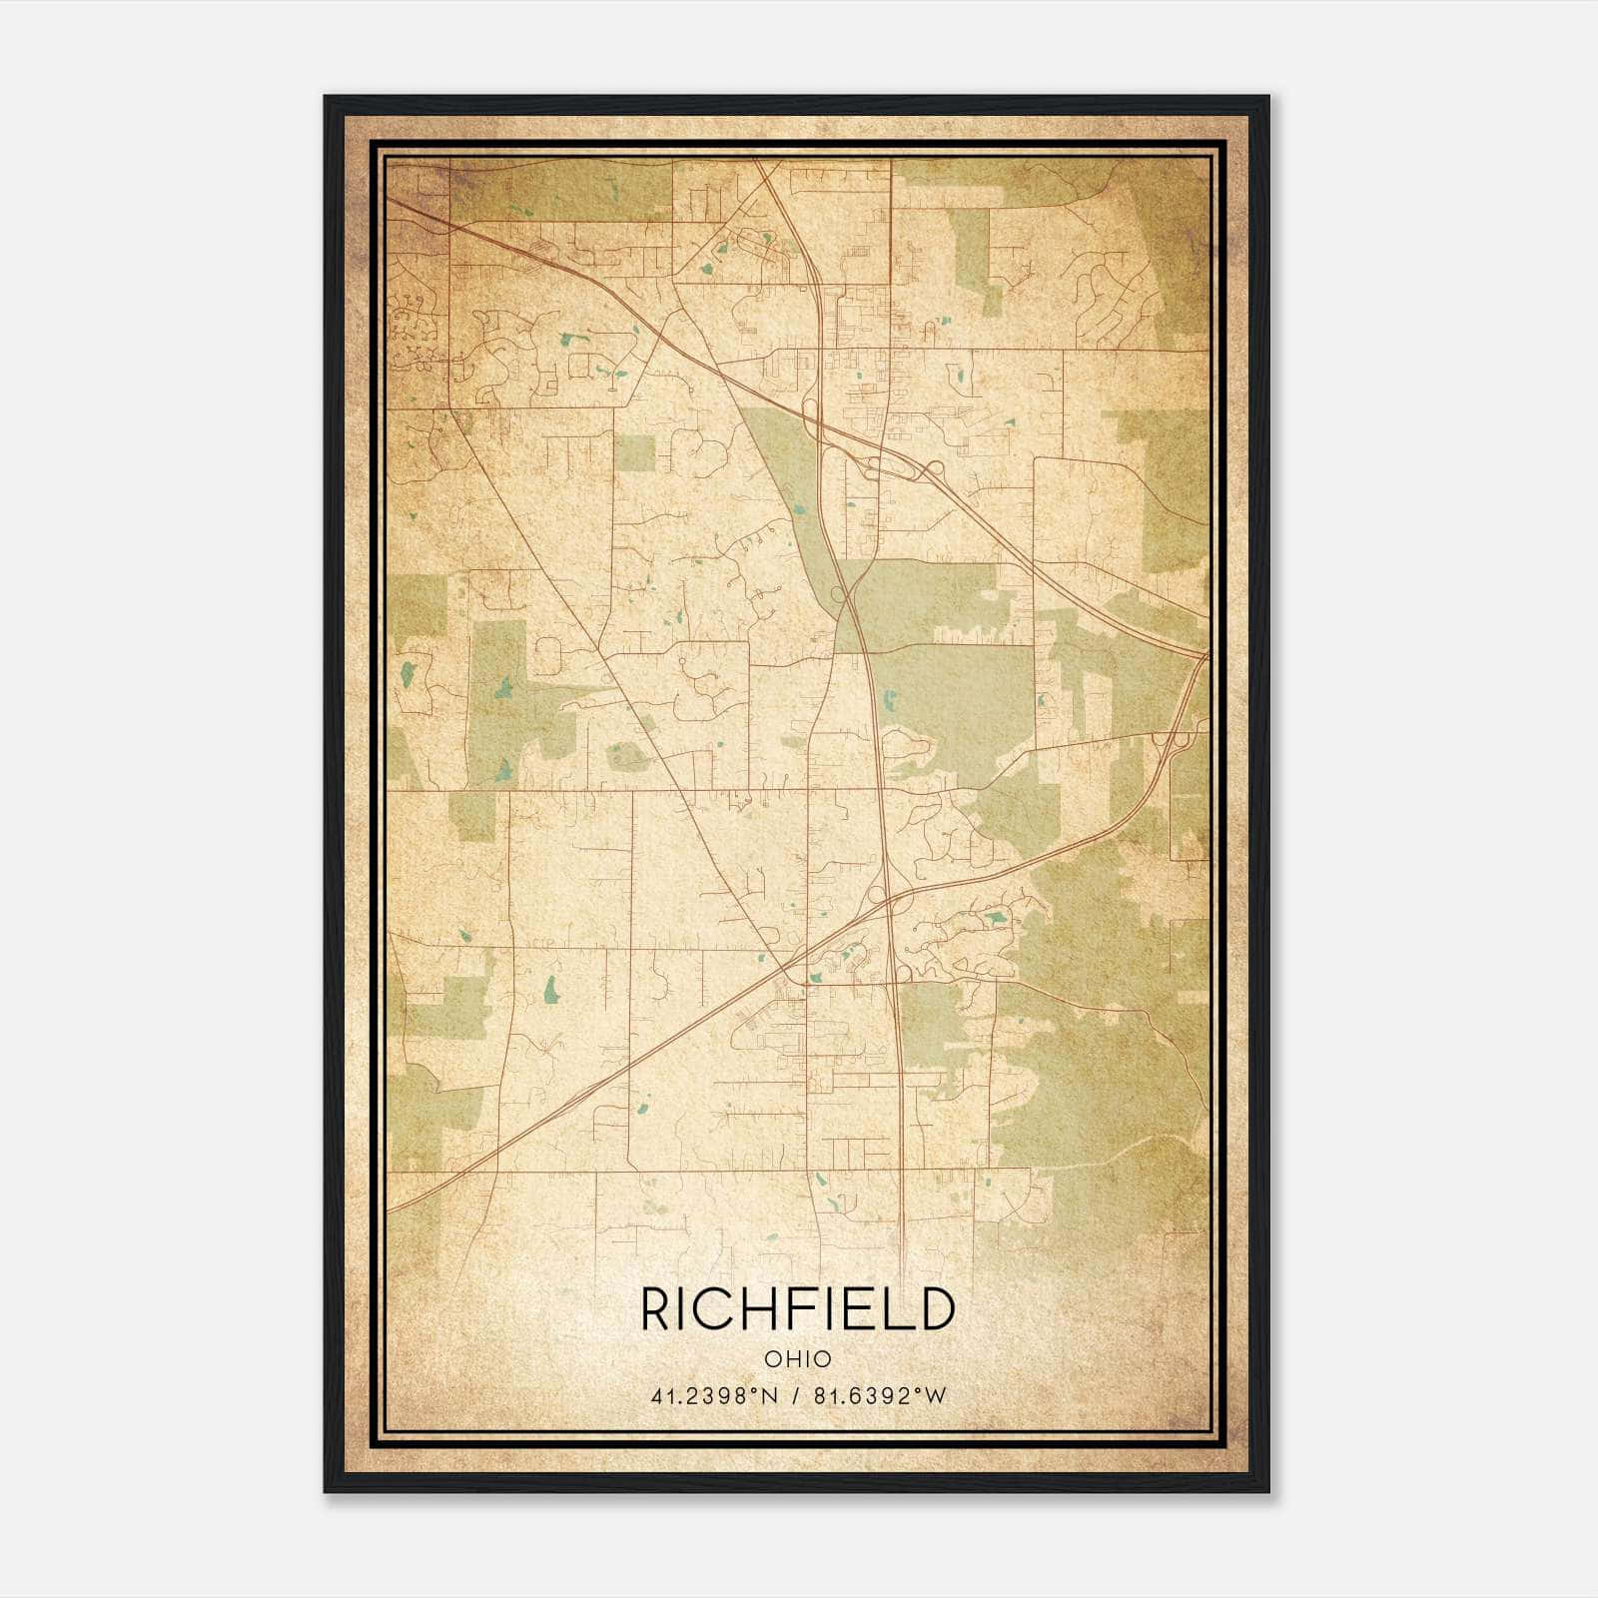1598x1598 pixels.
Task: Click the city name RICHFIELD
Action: pos(797,1309)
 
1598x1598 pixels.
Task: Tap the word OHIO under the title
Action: pos(797,1359)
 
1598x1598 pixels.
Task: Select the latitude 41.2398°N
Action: pos(713,1396)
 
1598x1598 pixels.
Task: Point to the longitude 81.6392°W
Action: pos(879,1396)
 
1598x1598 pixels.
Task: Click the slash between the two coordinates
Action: pos(796,1396)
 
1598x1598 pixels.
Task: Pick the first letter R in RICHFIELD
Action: pos(655,1309)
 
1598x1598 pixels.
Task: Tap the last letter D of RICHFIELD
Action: pos(937,1309)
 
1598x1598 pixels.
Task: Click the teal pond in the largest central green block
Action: pos(1039,700)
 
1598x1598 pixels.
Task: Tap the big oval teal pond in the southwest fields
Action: pos(550,989)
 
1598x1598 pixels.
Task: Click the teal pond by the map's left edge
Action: pos(406,674)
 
